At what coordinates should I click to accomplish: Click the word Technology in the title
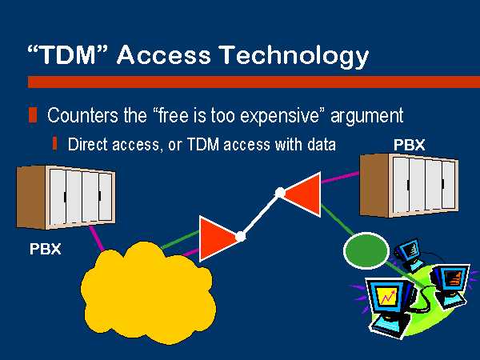(294, 55)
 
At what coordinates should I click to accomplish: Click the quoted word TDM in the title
(68, 54)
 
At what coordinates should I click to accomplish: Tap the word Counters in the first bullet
(82, 115)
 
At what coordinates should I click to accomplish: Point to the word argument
(367, 117)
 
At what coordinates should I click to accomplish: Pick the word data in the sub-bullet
(322, 144)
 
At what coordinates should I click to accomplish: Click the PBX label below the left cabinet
(46, 249)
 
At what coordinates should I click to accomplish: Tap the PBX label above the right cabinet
(410, 145)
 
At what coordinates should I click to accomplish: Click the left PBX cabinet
(66, 197)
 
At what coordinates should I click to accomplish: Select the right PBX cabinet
(409, 186)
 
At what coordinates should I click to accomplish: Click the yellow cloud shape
(148, 292)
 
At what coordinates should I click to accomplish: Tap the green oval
(366, 250)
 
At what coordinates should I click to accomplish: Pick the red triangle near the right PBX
(302, 194)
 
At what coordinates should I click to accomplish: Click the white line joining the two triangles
(260, 214)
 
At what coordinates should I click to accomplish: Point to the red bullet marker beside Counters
(33, 115)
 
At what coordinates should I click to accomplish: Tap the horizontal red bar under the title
(254, 82)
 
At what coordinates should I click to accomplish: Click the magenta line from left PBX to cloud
(98, 238)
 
